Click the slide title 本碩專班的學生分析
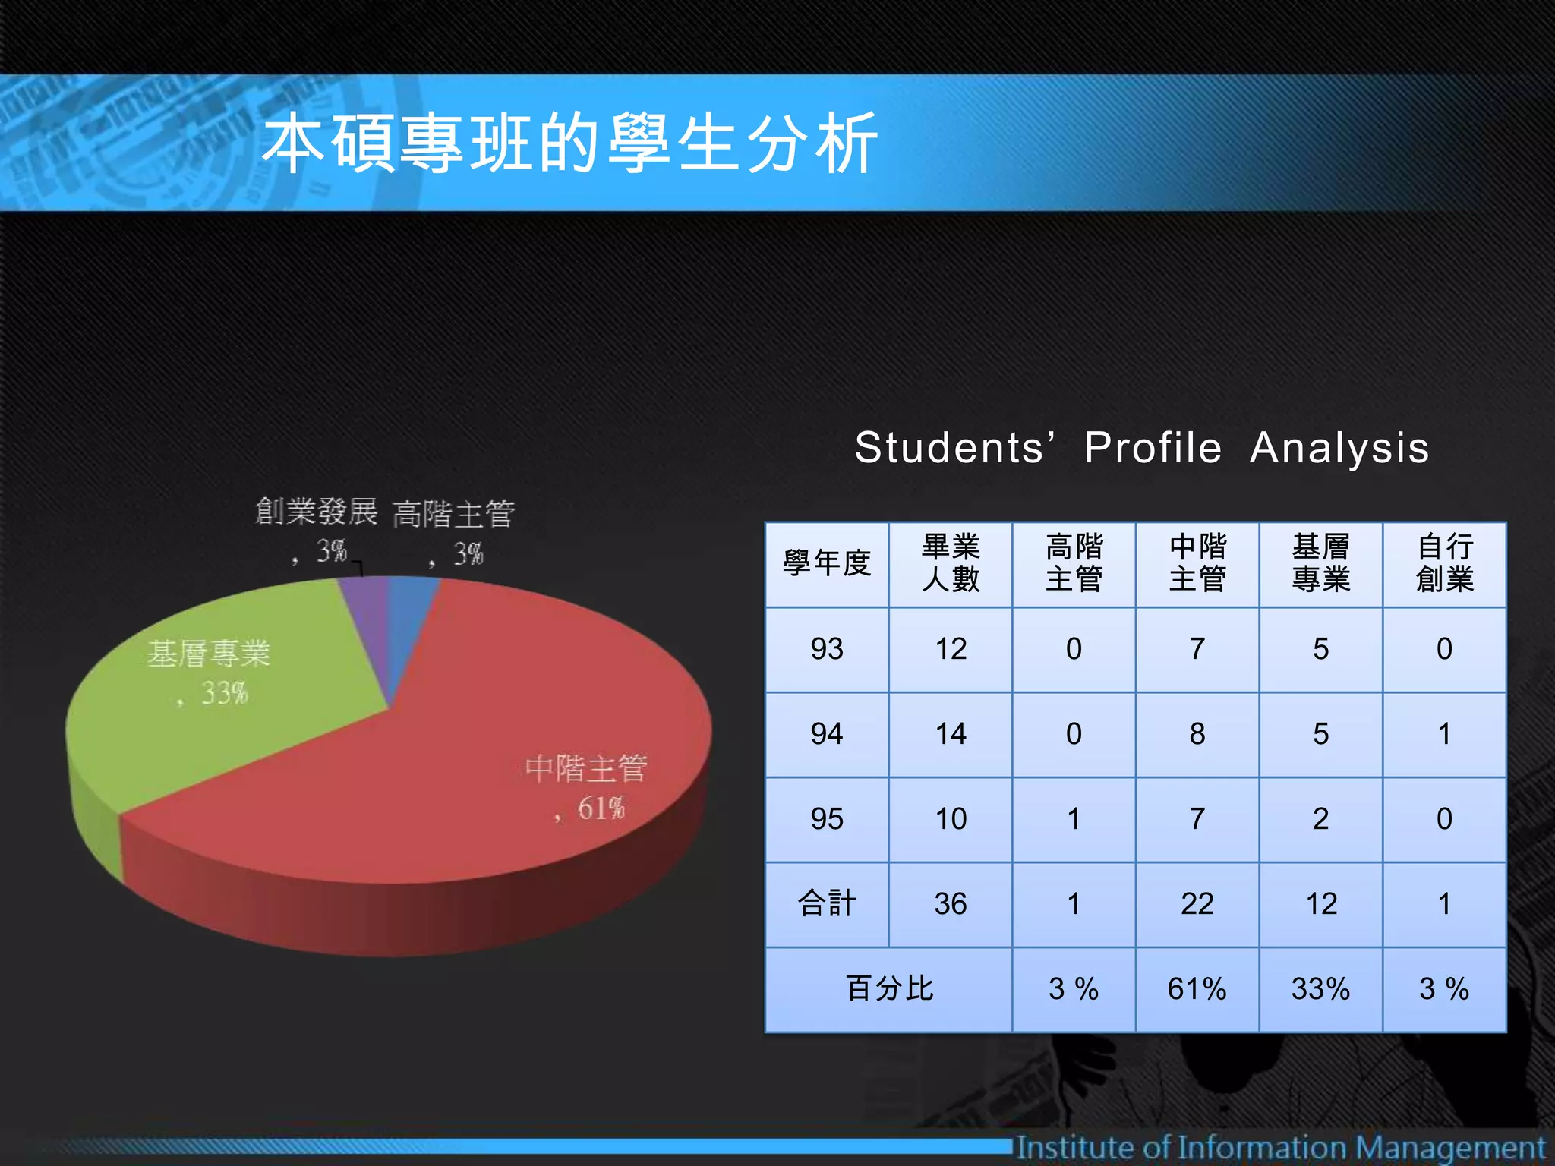pyautogui.click(x=569, y=143)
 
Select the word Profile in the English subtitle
pyautogui.click(x=1153, y=447)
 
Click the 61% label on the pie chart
pyautogui.click(x=600, y=808)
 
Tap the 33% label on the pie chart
pyautogui.click(x=224, y=693)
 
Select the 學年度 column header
pyautogui.click(x=827, y=564)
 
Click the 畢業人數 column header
pyautogui.click(x=951, y=564)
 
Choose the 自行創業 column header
pyautogui.click(x=1444, y=564)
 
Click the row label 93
pyautogui.click(x=827, y=649)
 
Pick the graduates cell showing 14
pyautogui.click(x=951, y=734)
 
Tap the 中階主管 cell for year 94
pyautogui.click(x=1197, y=734)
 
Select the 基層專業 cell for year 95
pyautogui.click(x=1321, y=819)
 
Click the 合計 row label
pyautogui.click(x=827, y=904)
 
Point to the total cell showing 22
pyautogui.click(x=1197, y=904)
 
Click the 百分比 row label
pyautogui.click(x=889, y=989)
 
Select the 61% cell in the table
pyautogui.click(x=1197, y=989)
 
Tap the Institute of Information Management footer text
pyautogui.click(x=1281, y=1147)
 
